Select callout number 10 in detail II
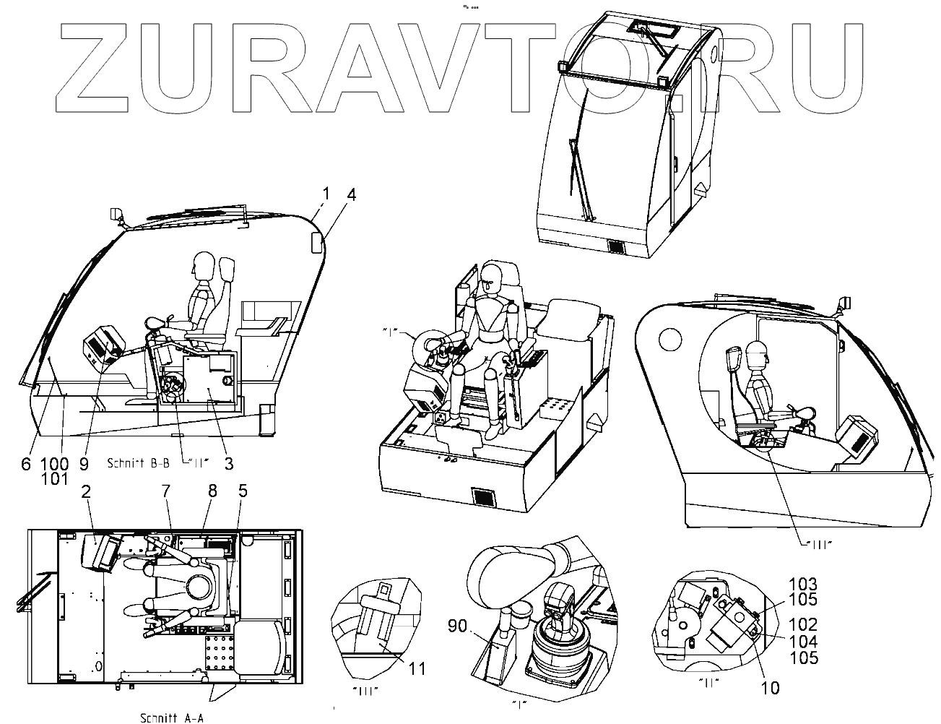pyautogui.click(x=771, y=687)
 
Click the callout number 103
pyautogui.click(x=803, y=584)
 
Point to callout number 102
pyautogui.click(x=803, y=624)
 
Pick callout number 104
pyautogui.click(x=803, y=641)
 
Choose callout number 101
pyautogui.click(x=56, y=478)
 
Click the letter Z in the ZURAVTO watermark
pyautogui.click(x=94, y=69)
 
